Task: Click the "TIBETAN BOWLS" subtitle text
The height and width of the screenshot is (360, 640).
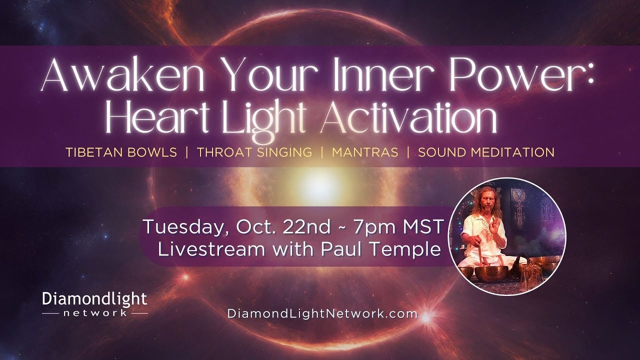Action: click(x=121, y=152)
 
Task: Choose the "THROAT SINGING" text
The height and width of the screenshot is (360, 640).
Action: click(x=254, y=152)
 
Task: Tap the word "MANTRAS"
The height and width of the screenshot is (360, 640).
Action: click(x=365, y=152)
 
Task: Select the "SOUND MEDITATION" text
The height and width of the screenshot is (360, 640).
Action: click(x=486, y=152)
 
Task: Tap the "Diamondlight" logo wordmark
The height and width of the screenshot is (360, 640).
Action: click(x=94, y=299)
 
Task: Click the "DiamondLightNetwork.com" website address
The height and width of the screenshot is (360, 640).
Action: click(x=322, y=314)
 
